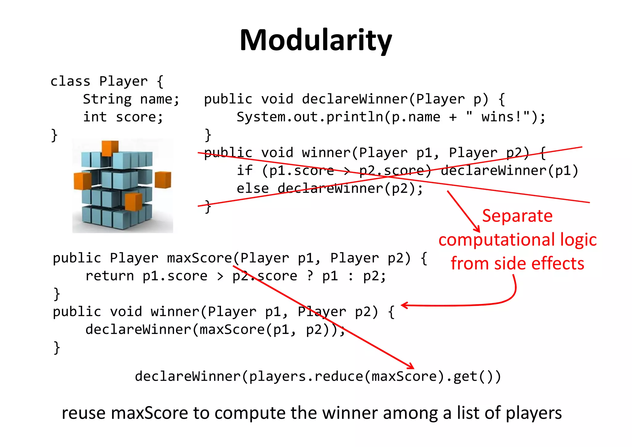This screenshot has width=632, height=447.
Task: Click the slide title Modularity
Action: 316,40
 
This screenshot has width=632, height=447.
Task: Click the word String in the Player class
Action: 107,99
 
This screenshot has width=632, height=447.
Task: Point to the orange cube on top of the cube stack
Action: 110,147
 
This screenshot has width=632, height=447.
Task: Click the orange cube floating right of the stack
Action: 163,180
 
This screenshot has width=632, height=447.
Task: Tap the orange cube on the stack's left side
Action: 82,181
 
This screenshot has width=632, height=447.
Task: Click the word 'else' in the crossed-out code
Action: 252,188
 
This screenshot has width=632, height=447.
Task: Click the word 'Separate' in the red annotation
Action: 517,216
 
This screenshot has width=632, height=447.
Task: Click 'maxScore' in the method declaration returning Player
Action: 199,258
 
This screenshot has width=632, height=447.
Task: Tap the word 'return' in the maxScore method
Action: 110,276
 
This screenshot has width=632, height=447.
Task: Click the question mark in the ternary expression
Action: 310,276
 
